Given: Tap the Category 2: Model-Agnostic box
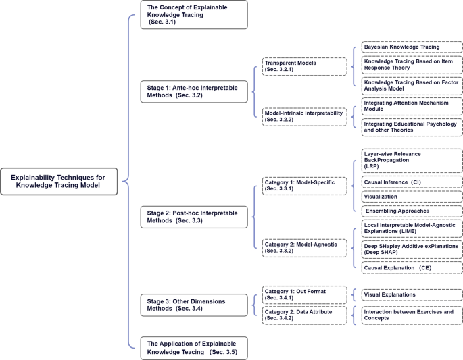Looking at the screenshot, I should pos(304,249).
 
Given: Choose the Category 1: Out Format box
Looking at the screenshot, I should pos(304,294).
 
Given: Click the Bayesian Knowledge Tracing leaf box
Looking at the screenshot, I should pos(411,47).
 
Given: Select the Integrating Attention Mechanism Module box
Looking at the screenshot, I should pos(411,105).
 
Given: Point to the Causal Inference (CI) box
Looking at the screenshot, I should pos(411,182).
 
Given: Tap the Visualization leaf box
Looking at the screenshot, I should pos(411,197).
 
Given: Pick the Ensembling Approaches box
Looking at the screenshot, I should pos(411,211).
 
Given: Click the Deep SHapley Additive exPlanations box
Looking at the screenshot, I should pos(411,249).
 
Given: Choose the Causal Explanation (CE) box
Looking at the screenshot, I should pos(411,268).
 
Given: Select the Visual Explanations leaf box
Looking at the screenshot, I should pos(411,294).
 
